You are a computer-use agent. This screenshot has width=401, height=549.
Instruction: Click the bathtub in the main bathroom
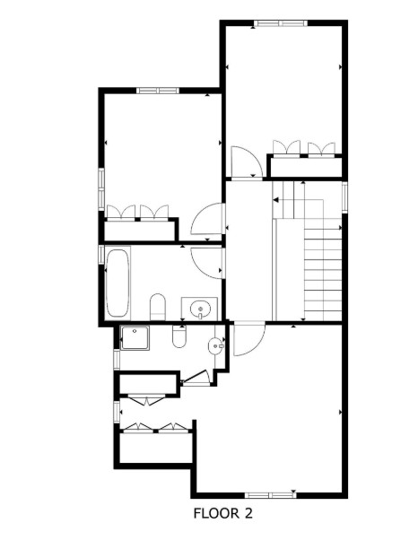tap(118, 283)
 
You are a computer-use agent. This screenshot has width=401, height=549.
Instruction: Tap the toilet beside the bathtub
tap(158, 306)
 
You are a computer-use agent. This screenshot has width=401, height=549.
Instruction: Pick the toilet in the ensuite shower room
tap(179, 337)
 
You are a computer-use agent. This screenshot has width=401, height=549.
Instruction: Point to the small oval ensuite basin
tap(217, 344)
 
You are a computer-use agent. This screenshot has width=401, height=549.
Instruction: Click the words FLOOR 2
tap(223, 514)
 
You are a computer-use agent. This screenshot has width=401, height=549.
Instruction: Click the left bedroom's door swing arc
tap(207, 221)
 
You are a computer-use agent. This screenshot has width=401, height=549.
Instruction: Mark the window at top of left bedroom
tap(158, 90)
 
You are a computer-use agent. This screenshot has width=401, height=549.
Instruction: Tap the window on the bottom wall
tap(270, 493)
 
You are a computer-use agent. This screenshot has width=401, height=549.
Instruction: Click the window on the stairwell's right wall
tap(344, 196)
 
